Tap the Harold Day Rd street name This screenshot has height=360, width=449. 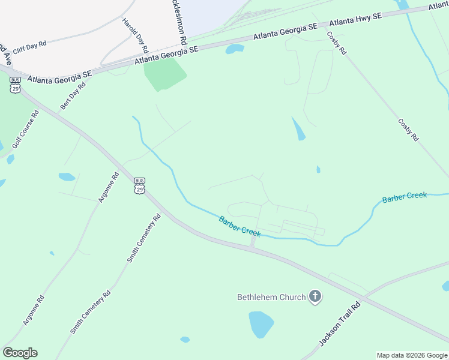[135, 34]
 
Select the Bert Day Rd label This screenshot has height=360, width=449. [73, 97]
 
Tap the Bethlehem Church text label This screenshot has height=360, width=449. [271, 296]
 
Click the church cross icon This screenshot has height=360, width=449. [315, 296]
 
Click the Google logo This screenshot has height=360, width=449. [20, 353]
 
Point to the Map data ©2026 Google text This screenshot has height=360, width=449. [412, 355]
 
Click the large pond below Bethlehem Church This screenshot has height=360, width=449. [261, 323]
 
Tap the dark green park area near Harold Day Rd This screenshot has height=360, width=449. [163, 75]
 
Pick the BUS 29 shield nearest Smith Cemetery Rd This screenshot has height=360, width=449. [140, 186]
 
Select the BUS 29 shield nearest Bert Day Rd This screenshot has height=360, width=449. [15, 85]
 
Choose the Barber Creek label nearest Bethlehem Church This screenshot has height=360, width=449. [240, 226]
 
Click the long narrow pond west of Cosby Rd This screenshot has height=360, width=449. [298, 129]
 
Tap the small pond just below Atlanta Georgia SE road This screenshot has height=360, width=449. [235, 49]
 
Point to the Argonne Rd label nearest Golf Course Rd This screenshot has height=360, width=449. [109, 187]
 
